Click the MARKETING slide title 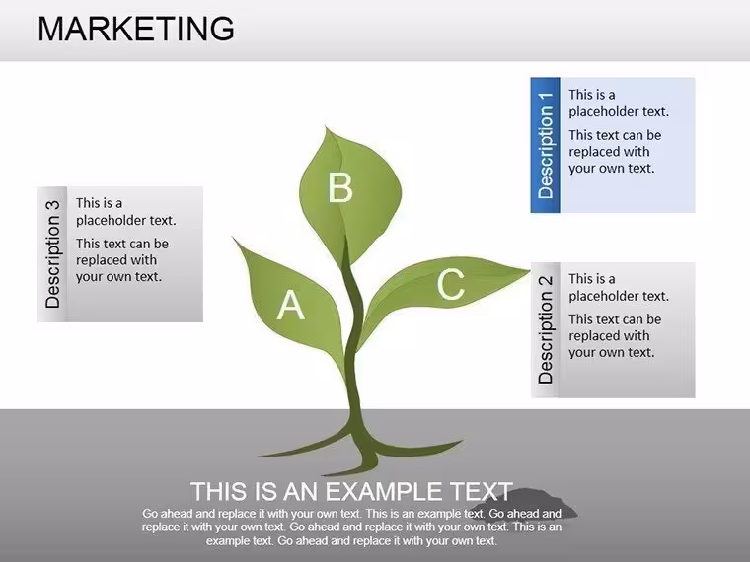point(136,29)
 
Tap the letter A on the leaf point(291,305)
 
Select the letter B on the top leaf point(340,187)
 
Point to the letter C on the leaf point(451,284)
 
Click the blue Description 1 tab point(545,145)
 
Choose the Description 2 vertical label point(546,329)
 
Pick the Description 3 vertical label point(52,254)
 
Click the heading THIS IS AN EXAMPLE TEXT point(351,491)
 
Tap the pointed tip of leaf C point(529,271)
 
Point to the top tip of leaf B point(326,126)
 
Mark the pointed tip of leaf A point(234,238)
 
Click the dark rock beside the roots point(526,503)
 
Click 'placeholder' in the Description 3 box point(112,220)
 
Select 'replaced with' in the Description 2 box point(609,335)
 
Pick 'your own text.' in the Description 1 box point(611,169)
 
